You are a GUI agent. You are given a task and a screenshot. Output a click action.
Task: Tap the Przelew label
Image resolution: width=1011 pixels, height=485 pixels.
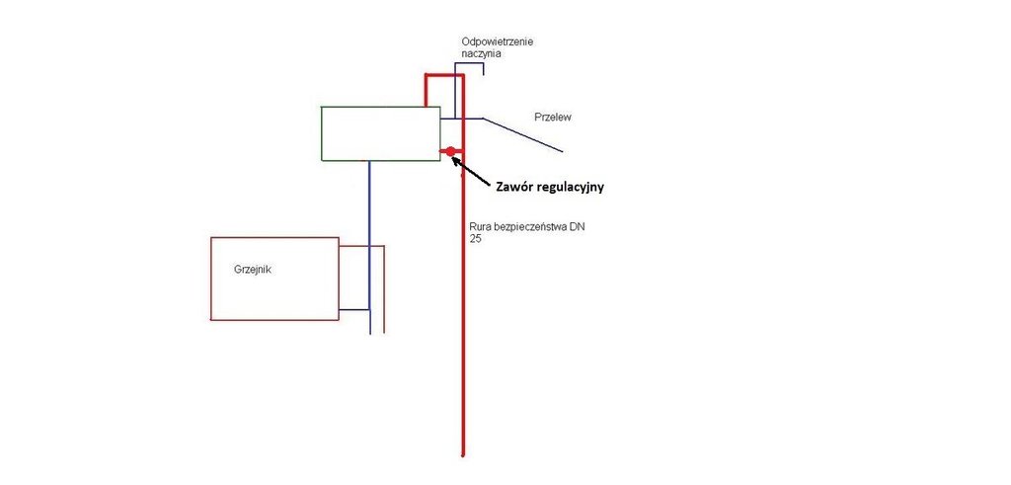553,117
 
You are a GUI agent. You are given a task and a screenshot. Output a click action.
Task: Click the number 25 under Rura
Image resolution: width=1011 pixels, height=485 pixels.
476,239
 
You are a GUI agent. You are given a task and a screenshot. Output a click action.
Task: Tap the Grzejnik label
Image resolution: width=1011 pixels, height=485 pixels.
253,267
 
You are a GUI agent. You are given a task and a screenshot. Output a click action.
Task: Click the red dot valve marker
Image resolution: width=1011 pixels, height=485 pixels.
450,151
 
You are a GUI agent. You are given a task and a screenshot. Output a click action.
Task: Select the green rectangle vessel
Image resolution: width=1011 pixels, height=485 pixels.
380,133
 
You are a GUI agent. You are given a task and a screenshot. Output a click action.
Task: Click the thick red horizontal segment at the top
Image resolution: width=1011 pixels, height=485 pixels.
443,75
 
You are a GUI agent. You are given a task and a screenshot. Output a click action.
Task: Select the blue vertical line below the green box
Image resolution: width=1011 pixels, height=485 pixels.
369,247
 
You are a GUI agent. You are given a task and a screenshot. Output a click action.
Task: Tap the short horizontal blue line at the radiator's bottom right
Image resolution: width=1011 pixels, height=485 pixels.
353,310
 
